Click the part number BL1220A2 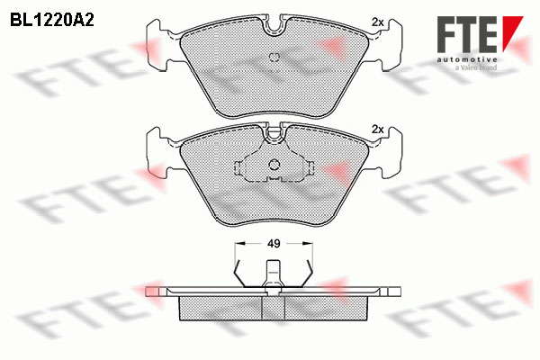[51, 21]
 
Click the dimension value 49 [274, 244]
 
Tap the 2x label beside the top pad [378, 22]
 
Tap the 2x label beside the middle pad [378, 130]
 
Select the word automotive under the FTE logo [467, 60]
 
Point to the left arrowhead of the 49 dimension [239, 244]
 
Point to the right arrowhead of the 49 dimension [308, 244]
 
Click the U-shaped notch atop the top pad [274, 27]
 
